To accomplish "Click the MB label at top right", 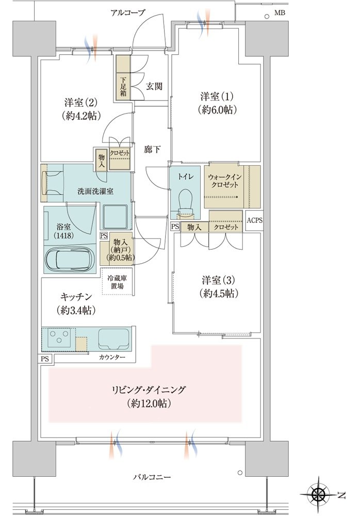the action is tap(280, 13).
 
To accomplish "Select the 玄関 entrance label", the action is tap(154, 86).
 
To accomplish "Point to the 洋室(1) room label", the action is tap(217, 96).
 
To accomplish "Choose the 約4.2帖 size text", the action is tap(80, 116).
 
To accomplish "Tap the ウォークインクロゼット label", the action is tap(225, 181).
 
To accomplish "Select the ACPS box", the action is tap(254, 220).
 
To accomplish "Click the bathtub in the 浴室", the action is tap(71, 258).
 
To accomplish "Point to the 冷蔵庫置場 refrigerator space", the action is tap(117, 281).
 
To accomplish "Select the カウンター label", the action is tap(112, 357).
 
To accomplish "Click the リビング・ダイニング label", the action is tap(149, 390).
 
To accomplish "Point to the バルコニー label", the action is tap(152, 476).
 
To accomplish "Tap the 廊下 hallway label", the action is tap(152, 149).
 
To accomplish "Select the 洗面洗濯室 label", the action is tap(95, 191).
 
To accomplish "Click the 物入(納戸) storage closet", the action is tap(117, 249).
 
